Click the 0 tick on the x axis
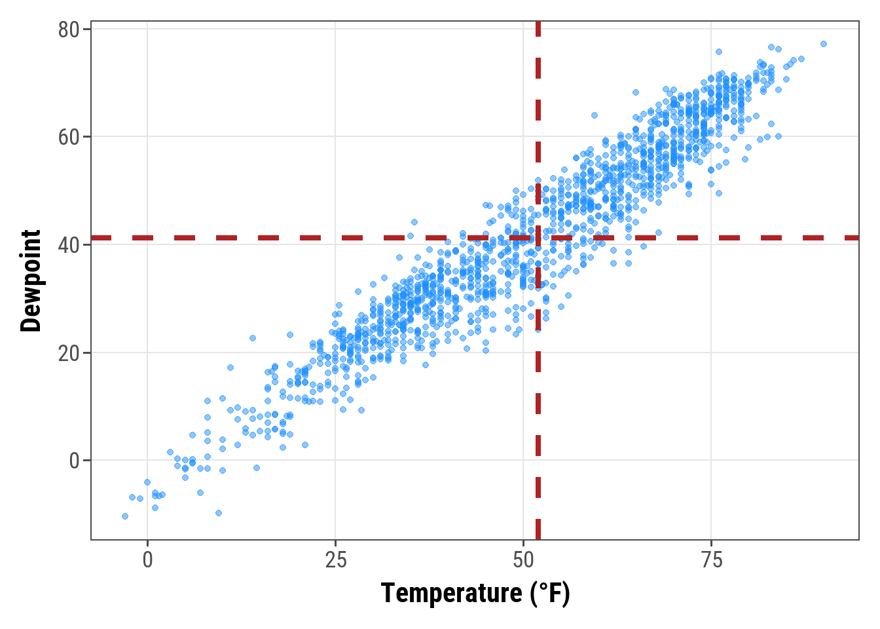[x=147, y=560]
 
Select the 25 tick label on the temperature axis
[x=335, y=560]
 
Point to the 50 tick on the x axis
[x=524, y=560]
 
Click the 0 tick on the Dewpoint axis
[x=74, y=461]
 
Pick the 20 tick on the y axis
[x=69, y=353]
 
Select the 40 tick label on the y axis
[x=69, y=245]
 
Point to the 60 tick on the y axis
[x=69, y=138]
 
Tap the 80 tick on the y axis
[x=69, y=30]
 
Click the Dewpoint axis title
[x=31, y=280]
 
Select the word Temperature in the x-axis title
[x=451, y=594]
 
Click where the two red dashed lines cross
[x=538, y=238]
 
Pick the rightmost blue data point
[x=824, y=44]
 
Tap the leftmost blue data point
[x=125, y=516]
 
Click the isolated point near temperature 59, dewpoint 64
[x=595, y=115]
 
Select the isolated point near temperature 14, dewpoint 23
[x=253, y=338]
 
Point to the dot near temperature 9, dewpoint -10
[x=219, y=513]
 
